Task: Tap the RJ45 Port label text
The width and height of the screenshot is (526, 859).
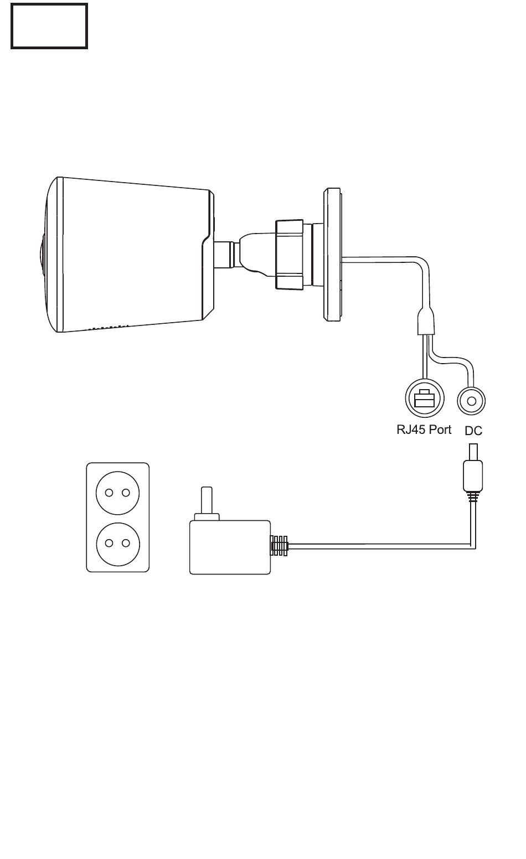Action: [x=424, y=429]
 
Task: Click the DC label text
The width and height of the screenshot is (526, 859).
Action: [x=473, y=431]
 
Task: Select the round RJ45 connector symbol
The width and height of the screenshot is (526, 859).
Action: [x=425, y=399]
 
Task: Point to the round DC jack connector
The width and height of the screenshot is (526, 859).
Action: [x=471, y=401]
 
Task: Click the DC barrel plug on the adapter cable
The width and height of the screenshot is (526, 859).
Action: [x=473, y=468]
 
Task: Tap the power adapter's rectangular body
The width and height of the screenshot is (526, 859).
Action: [x=230, y=547]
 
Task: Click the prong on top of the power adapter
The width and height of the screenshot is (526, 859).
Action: [x=207, y=500]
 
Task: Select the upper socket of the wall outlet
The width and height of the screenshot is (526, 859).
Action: [x=117, y=493]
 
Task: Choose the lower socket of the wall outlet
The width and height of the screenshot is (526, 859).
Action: [x=118, y=544]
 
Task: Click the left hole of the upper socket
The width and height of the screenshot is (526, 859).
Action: [x=109, y=493]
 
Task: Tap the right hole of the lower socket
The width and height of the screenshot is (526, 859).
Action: [x=126, y=543]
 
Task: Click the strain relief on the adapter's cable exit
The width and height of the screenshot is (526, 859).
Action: [x=279, y=546]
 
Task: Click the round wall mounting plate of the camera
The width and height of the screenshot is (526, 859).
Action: [x=332, y=255]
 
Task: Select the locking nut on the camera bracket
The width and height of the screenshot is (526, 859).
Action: [x=289, y=255]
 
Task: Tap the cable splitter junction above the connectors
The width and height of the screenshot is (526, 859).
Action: [x=426, y=322]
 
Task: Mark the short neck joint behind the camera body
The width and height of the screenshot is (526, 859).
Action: [x=224, y=255]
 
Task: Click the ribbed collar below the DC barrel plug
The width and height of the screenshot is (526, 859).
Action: [x=473, y=497]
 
